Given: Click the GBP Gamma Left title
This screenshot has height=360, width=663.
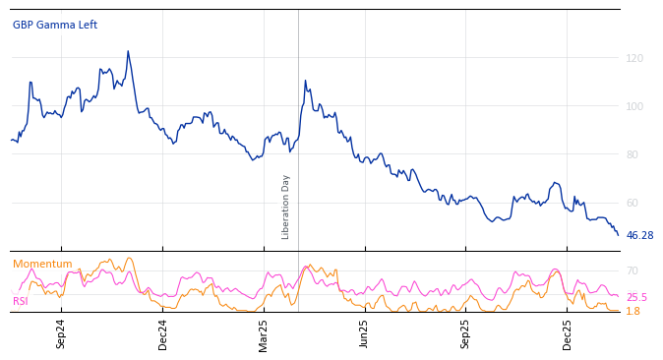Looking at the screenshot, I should (x=55, y=25).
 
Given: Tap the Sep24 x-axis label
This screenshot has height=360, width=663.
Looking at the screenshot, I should (x=61, y=333).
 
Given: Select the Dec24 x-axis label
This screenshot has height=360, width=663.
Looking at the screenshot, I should (x=162, y=333).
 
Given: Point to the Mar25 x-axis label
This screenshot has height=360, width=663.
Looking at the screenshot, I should (x=264, y=333).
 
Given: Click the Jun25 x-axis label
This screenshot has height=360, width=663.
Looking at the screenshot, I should (x=364, y=333).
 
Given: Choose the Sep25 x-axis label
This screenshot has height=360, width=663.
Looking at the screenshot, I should (x=465, y=333).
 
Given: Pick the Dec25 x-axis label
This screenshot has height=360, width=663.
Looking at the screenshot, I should (x=567, y=333).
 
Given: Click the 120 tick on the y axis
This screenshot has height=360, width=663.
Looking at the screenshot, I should (x=634, y=58).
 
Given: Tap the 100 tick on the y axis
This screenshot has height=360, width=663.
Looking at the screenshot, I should (x=634, y=106).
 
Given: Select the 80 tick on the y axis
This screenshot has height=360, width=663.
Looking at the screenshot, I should (x=634, y=154).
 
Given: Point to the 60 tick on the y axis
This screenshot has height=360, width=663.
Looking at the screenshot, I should (x=634, y=203).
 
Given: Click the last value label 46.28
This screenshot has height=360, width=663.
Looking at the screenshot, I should (x=639, y=236).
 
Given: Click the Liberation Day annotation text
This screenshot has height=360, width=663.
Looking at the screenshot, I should (x=286, y=207).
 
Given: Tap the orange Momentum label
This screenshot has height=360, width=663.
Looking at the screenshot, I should (x=42, y=264).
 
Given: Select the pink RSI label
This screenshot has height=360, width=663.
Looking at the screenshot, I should (x=21, y=301).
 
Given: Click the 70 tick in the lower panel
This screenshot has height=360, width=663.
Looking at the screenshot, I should (x=633, y=270).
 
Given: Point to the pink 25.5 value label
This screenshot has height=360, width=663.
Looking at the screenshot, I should (x=636, y=297).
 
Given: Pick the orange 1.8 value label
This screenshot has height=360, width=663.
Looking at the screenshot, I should (x=633, y=311).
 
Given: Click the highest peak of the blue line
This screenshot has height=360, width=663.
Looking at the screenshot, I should (x=128, y=51).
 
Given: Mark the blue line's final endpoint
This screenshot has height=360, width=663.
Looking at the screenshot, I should (x=618, y=235).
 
